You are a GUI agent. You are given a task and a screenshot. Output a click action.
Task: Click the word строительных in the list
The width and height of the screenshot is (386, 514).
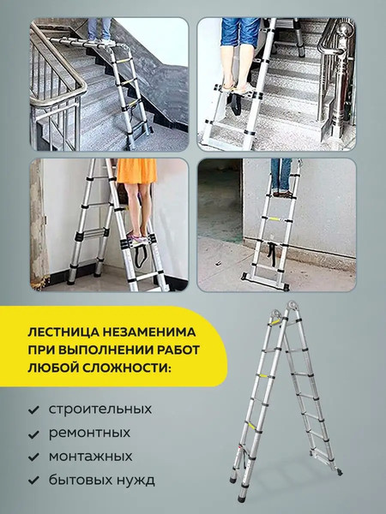click(x=100, y=409)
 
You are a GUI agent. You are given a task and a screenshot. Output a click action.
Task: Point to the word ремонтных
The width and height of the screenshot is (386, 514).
click(x=90, y=433)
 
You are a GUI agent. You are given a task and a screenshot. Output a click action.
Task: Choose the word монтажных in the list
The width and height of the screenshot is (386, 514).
click(x=91, y=456)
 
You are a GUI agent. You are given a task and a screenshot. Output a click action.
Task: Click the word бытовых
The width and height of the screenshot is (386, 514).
click(x=78, y=481)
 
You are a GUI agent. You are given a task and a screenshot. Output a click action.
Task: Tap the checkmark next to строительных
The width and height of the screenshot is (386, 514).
click(x=33, y=409)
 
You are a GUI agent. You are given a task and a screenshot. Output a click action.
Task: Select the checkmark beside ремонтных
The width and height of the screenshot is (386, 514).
click(x=33, y=433)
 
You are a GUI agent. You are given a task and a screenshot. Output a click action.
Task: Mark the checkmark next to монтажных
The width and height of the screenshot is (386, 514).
click(x=33, y=457)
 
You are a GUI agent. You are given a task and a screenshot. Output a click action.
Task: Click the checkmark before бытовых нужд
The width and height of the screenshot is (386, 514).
click(x=33, y=481)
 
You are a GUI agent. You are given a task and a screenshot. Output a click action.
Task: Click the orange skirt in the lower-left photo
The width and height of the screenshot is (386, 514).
click(x=136, y=171)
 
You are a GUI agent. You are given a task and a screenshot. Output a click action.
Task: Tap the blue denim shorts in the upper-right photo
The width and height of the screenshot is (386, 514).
click(x=241, y=32)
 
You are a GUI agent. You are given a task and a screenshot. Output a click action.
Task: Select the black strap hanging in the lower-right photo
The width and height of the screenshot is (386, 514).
click(x=274, y=253)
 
